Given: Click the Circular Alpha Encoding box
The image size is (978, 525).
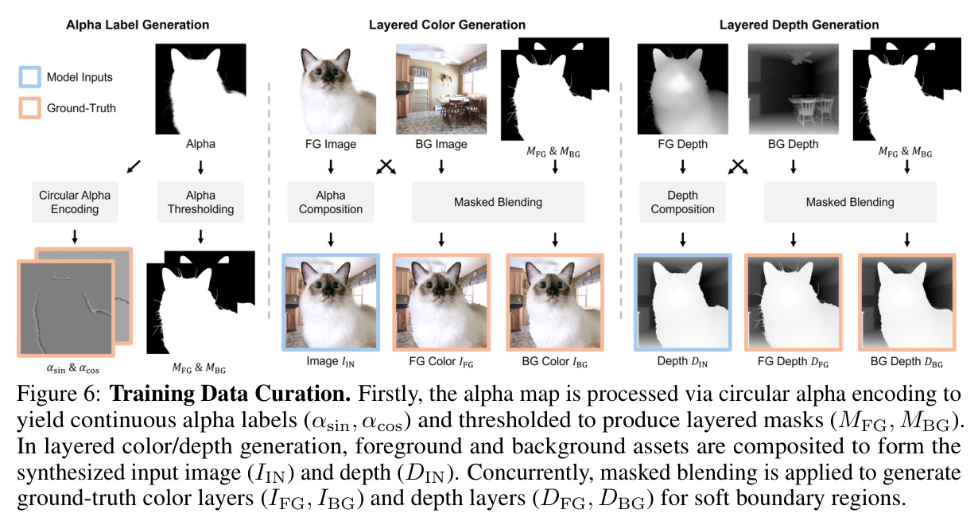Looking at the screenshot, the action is tap(75, 202).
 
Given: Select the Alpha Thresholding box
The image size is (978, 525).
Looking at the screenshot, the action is tap(200, 202).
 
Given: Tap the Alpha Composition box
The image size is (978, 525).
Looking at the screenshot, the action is tap(331, 202).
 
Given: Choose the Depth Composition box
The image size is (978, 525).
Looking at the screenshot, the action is tap(682, 202).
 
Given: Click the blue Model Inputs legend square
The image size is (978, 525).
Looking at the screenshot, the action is tap(29, 77).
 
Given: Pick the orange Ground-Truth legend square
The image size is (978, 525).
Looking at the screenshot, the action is tap(29, 108).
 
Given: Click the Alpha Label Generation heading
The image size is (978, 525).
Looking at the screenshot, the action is tap(138, 25).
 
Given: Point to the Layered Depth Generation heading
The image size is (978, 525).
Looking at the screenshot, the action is tap(799, 25).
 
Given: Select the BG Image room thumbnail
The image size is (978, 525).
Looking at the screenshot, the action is tap(441, 88).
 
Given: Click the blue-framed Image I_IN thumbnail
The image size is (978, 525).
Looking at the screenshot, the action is tap(331, 302).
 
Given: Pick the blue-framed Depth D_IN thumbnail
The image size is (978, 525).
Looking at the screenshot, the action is tap(682, 302).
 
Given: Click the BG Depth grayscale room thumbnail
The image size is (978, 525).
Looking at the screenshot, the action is tap(794, 88).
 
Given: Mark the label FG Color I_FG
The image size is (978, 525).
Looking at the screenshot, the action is tap(441, 362).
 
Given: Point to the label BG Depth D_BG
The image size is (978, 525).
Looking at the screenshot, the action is tap(906, 362).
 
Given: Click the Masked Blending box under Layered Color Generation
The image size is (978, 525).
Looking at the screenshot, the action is tap(498, 202).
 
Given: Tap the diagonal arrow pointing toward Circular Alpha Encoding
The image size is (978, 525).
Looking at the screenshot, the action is tap(134, 166).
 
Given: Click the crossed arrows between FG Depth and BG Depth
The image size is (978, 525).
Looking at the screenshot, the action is tap(738, 167).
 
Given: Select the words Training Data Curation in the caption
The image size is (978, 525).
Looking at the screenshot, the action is tap(230, 394).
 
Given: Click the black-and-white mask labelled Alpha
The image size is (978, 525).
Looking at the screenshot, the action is tap(200, 88).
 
